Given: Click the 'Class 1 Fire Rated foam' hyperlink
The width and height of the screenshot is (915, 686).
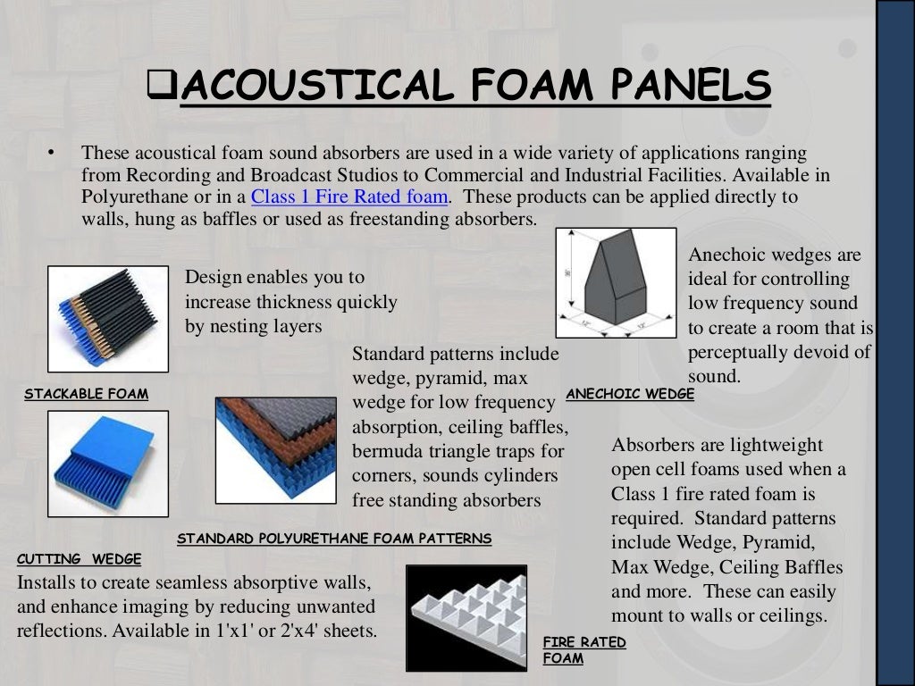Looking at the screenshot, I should pos(349,197).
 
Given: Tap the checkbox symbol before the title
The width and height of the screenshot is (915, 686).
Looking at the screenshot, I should pos(163,86).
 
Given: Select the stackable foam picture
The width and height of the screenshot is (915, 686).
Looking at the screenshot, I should pos(108,319).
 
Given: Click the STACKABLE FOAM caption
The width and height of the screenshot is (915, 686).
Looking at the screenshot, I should pos(87,394).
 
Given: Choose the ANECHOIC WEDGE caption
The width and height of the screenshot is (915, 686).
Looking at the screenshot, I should pos(630,394).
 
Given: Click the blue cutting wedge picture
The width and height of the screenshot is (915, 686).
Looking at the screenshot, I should pos(108,464).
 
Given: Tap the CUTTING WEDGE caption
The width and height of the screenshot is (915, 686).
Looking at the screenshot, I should pos(80,560).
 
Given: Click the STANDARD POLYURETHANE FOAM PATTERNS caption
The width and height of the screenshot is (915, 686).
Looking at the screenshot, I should pos(334,539).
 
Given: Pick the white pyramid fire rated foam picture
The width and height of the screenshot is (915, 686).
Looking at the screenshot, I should pos(466,618).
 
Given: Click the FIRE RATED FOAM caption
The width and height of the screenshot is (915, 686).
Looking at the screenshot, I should pos(583,650).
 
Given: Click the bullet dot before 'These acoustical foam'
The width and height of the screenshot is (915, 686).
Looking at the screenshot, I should pos(53,153).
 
